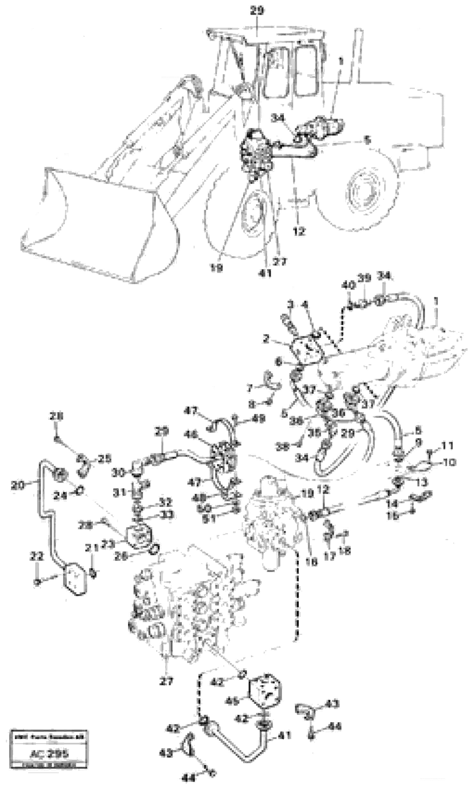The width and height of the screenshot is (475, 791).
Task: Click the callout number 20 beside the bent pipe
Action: [x=17, y=486]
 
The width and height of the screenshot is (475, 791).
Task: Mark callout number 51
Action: [x=210, y=518]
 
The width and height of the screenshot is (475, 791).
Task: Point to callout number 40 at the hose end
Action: [x=348, y=284]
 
